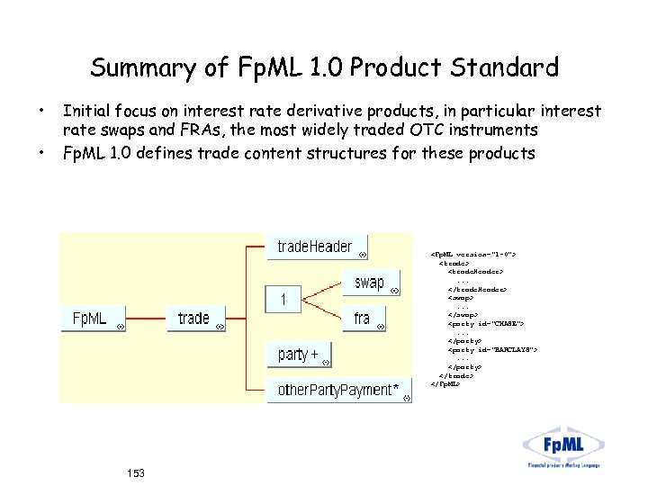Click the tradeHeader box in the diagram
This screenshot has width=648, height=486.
pos(316,247)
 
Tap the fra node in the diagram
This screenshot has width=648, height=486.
pos(364,318)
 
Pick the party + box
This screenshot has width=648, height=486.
pos(298,355)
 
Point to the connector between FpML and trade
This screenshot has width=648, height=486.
pos(146,318)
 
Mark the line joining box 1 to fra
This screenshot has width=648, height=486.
pos(324,309)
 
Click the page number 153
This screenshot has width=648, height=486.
pos(136,472)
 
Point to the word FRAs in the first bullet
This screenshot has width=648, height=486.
pos(220,131)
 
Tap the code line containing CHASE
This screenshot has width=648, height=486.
pos(486,322)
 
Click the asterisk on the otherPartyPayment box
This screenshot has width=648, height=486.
pos(396,389)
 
